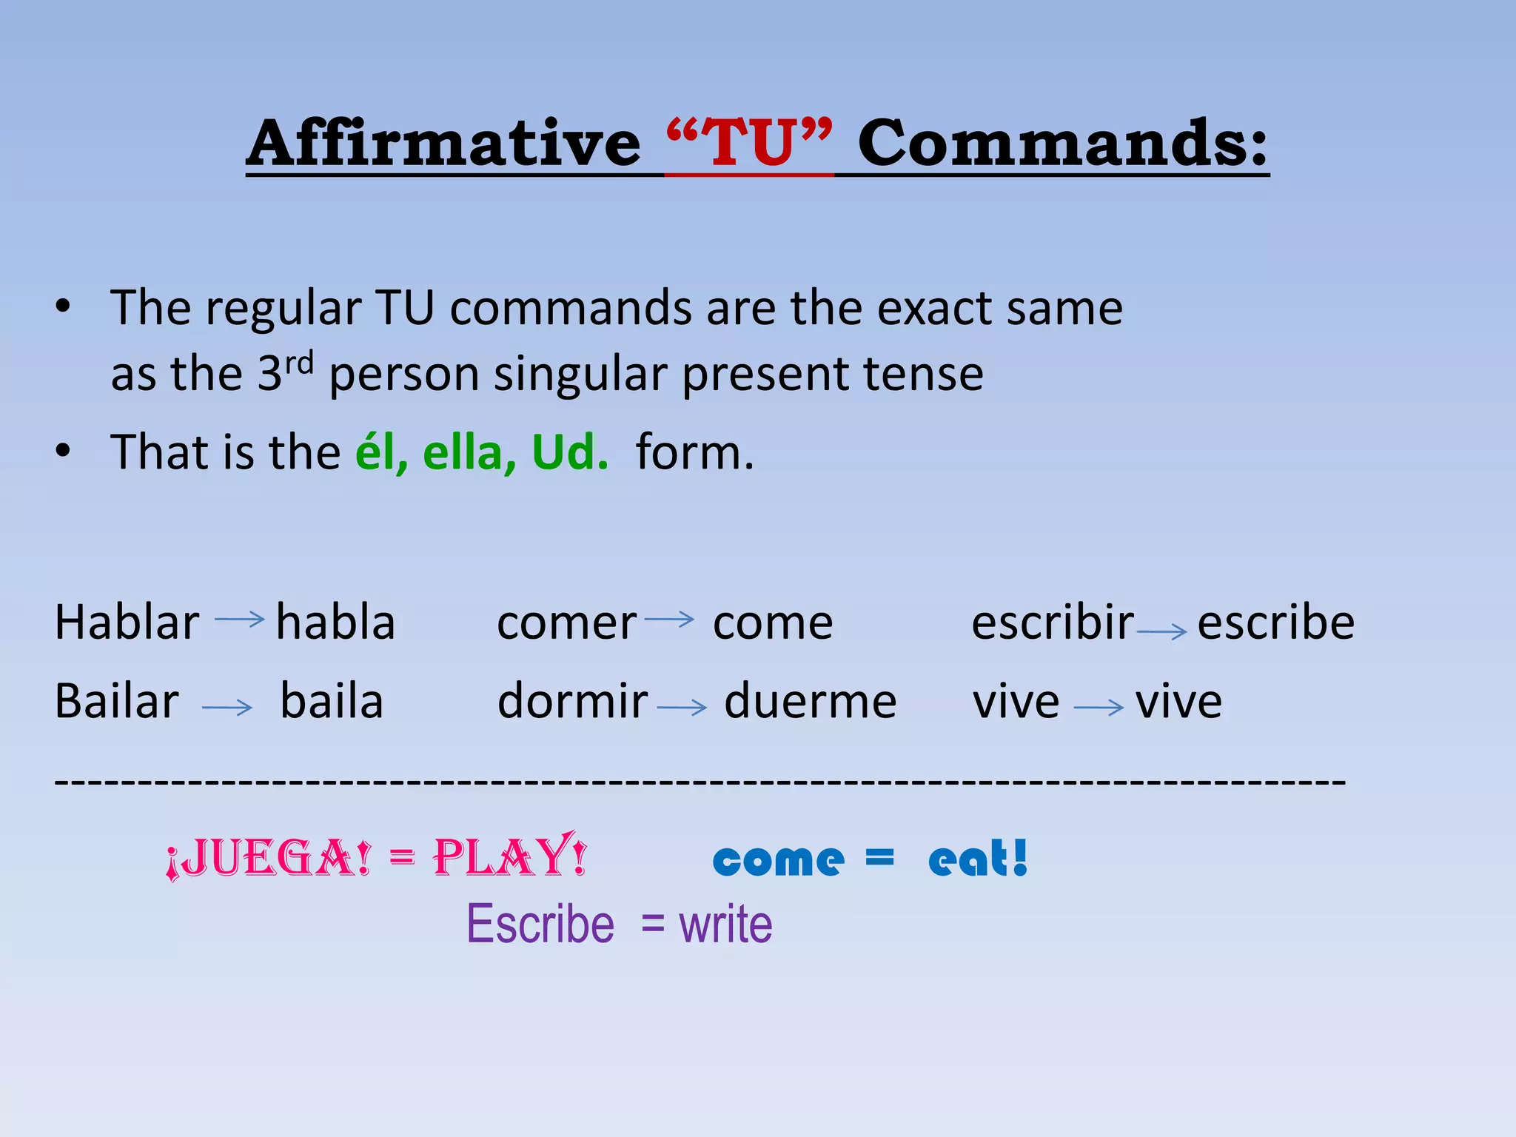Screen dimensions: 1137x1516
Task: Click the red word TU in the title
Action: [x=749, y=144]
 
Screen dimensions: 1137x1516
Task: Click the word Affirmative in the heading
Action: [x=444, y=144]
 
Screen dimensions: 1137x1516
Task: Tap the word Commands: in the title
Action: [x=1063, y=144]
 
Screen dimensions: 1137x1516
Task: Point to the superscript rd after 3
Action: [x=300, y=363]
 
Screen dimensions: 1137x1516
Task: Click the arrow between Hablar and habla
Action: [x=239, y=619]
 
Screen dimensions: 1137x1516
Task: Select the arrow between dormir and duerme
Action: [x=682, y=708]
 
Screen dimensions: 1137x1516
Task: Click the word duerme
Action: [x=810, y=701]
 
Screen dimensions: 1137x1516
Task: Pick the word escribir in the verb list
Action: [x=1052, y=623]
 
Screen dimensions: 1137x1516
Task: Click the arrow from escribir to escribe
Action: [x=1161, y=631]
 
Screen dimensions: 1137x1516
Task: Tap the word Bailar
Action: [x=117, y=701]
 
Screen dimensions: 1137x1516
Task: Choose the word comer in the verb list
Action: [x=566, y=623]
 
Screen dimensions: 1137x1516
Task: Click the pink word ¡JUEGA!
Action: [x=268, y=859]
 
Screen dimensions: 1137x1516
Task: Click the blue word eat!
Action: [x=978, y=859]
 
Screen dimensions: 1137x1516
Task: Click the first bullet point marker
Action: [x=64, y=306]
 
